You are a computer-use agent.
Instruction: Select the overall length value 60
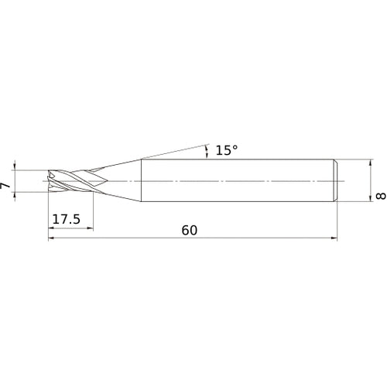pos(190,230)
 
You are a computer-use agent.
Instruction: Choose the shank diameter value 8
pos(379,197)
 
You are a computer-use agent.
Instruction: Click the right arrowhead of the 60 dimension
pos(335,239)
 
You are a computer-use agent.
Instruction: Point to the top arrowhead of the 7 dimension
pos(16,166)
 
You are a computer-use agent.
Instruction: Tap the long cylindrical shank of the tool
pos(232,181)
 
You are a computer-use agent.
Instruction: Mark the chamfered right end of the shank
pos(337,181)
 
